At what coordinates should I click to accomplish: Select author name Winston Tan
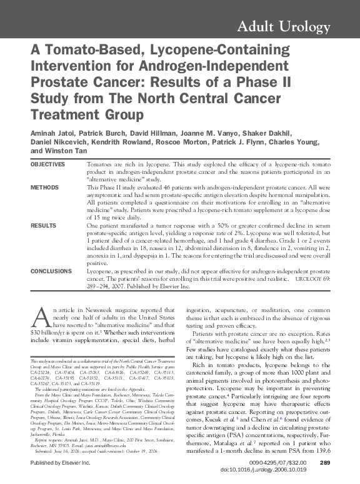[x=70, y=151]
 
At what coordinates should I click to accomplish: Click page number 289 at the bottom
[x=324, y=462]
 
